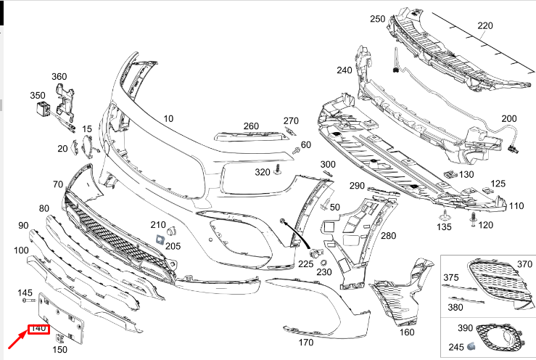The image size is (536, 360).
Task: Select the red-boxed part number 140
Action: tap(38, 329)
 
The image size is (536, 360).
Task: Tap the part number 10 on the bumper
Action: tap(168, 118)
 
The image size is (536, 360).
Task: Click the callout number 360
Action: tap(59, 76)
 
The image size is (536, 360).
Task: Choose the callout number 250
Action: tap(377, 19)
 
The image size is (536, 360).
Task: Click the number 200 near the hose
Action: tap(509, 118)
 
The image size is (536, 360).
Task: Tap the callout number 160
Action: tap(407, 332)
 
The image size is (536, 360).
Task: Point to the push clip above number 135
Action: tap(442, 215)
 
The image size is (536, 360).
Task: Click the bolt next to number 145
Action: tap(28, 300)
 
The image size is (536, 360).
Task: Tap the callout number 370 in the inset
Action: tap(524, 264)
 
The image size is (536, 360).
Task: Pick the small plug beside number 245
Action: tap(471, 344)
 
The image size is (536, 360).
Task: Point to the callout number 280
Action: tap(389, 236)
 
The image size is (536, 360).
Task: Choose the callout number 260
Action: tap(251, 126)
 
